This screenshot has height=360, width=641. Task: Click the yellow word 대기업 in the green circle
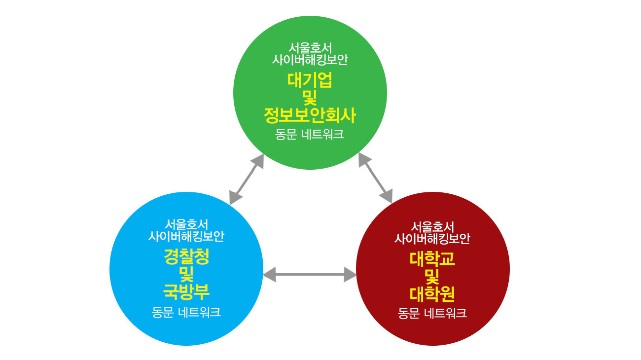click(310, 80)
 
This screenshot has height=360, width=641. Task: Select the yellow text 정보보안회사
click(310, 116)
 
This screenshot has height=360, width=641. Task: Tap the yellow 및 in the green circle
click(310, 98)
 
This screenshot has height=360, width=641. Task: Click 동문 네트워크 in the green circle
click(310, 135)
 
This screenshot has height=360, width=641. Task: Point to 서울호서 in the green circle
click(310, 48)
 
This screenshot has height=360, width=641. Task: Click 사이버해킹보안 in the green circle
click(310, 60)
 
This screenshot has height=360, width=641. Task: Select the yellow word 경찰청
click(186, 257)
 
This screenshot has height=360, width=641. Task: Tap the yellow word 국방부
click(186, 292)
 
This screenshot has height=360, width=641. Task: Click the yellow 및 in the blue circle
click(186, 274)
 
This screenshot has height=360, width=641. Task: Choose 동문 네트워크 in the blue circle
click(186, 312)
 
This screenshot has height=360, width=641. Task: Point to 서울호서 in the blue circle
click(186, 224)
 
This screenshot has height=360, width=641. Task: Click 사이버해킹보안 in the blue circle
click(186, 236)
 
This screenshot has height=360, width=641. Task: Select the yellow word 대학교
click(432, 258)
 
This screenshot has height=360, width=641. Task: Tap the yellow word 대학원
click(432, 294)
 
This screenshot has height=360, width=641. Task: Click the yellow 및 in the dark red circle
click(432, 276)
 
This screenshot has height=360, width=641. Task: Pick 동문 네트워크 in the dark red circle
click(432, 313)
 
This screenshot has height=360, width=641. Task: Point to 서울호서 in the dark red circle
click(432, 227)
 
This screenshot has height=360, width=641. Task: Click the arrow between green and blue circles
click(247, 179)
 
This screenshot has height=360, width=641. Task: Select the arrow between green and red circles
click(375, 178)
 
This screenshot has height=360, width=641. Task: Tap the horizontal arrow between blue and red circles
click(310, 274)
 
